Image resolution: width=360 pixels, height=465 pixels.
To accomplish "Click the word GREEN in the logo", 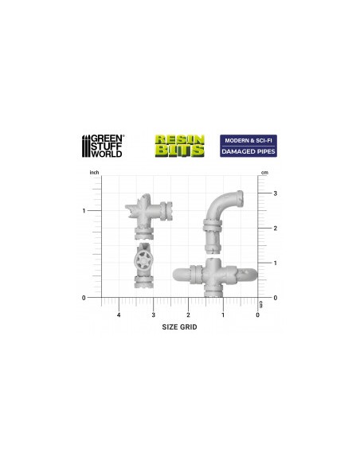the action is pyautogui.click(x=107, y=139).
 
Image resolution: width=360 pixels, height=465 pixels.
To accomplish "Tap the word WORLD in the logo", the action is pyautogui.click(x=107, y=154).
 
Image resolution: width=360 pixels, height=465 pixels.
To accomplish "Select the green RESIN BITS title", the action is pyautogui.click(x=180, y=146).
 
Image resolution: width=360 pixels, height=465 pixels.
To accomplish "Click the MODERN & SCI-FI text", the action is pyautogui.click(x=248, y=140).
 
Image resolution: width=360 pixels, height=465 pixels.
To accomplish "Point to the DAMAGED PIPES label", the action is pyautogui.click(x=248, y=151).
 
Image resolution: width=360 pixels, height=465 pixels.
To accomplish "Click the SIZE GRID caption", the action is pyautogui.click(x=179, y=327).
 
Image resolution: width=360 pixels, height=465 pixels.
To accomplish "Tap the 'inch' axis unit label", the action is pyautogui.click(x=94, y=172).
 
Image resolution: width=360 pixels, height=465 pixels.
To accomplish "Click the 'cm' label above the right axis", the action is pyautogui.click(x=264, y=173).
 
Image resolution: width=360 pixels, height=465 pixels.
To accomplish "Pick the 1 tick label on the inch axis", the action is pyautogui.click(x=84, y=211).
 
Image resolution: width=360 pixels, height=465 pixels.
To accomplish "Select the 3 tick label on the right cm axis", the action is pyautogui.click(x=276, y=193).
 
